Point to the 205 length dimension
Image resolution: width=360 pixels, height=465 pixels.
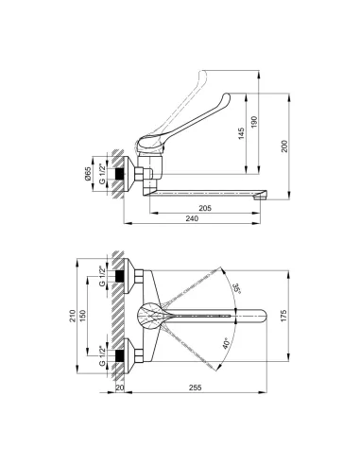[205, 207]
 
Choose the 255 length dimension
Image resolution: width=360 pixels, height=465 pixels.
[197, 387]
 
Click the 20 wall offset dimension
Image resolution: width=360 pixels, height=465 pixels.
[120, 387]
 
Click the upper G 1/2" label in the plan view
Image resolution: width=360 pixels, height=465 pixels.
[101, 278]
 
